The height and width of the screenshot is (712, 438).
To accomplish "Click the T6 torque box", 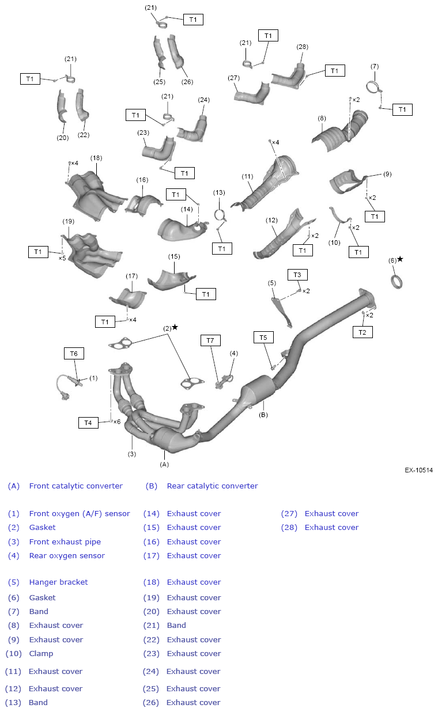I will [74, 354].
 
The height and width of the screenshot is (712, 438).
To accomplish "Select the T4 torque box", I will [88, 423].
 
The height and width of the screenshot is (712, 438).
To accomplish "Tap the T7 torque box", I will [210, 340].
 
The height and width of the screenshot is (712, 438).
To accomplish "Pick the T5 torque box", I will [263, 337].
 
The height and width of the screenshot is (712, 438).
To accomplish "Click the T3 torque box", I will [297, 275].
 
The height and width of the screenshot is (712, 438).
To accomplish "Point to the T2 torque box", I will [362, 332].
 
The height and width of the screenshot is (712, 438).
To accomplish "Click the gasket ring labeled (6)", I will [397, 282].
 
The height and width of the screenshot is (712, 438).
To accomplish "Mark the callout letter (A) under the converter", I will [164, 464].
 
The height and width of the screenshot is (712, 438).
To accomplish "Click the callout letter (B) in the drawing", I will [263, 414].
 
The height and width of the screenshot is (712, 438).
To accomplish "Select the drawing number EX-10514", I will [418, 470].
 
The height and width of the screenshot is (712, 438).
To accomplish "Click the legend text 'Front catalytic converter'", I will [75, 486].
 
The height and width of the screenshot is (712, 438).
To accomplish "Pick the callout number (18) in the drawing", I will [96, 158].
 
